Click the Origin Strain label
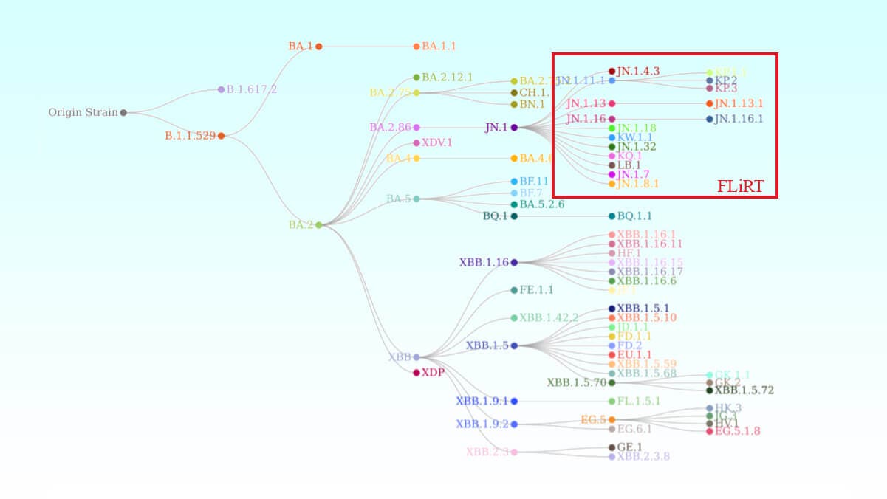click(83, 113)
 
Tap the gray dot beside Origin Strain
click(123, 113)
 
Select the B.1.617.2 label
click(252, 89)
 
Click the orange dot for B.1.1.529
click(221, 136)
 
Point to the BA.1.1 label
click(439, 47)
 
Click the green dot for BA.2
click(319, 225)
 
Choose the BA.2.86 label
click(390, 128)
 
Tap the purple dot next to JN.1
click(514, 128)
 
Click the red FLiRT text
click(740, 187)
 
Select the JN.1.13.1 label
click(739, 103)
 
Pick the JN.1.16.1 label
click(739, 119)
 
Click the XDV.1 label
click(436, 142)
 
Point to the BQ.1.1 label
click(634, 216)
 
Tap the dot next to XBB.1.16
click(514, 262)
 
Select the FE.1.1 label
click(536, 290)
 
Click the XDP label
click(433, 373)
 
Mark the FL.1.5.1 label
click(638, 402)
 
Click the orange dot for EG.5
click(612, 420)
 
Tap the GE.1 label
click(629, 447)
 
